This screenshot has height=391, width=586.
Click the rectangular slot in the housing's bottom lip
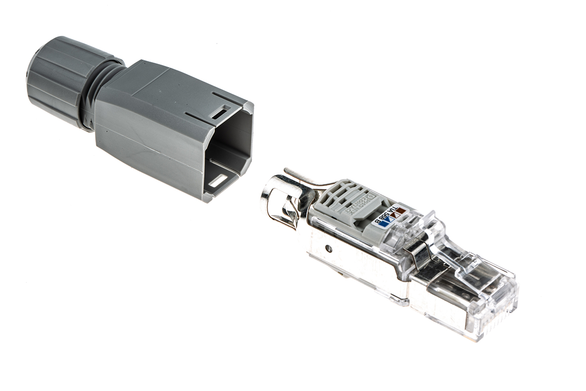pos(217,182)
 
